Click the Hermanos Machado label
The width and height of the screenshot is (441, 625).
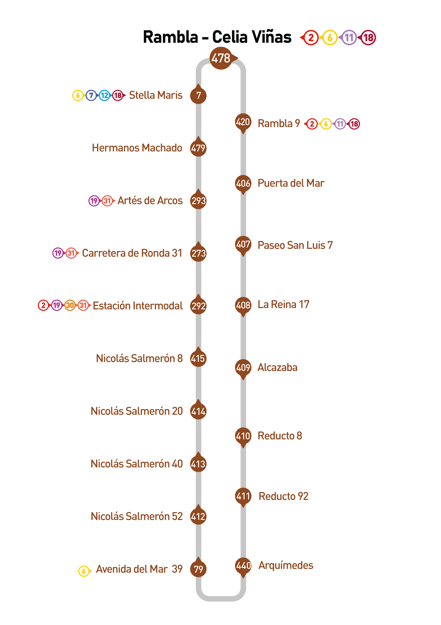[137, 148]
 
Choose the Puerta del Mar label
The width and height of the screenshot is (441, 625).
[291, 183]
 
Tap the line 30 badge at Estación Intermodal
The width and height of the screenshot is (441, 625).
[70, 305]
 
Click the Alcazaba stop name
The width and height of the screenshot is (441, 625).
[277, 367]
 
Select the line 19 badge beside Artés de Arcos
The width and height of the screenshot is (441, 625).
[94, 201]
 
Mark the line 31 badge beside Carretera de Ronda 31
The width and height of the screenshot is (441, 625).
[71, 253]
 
